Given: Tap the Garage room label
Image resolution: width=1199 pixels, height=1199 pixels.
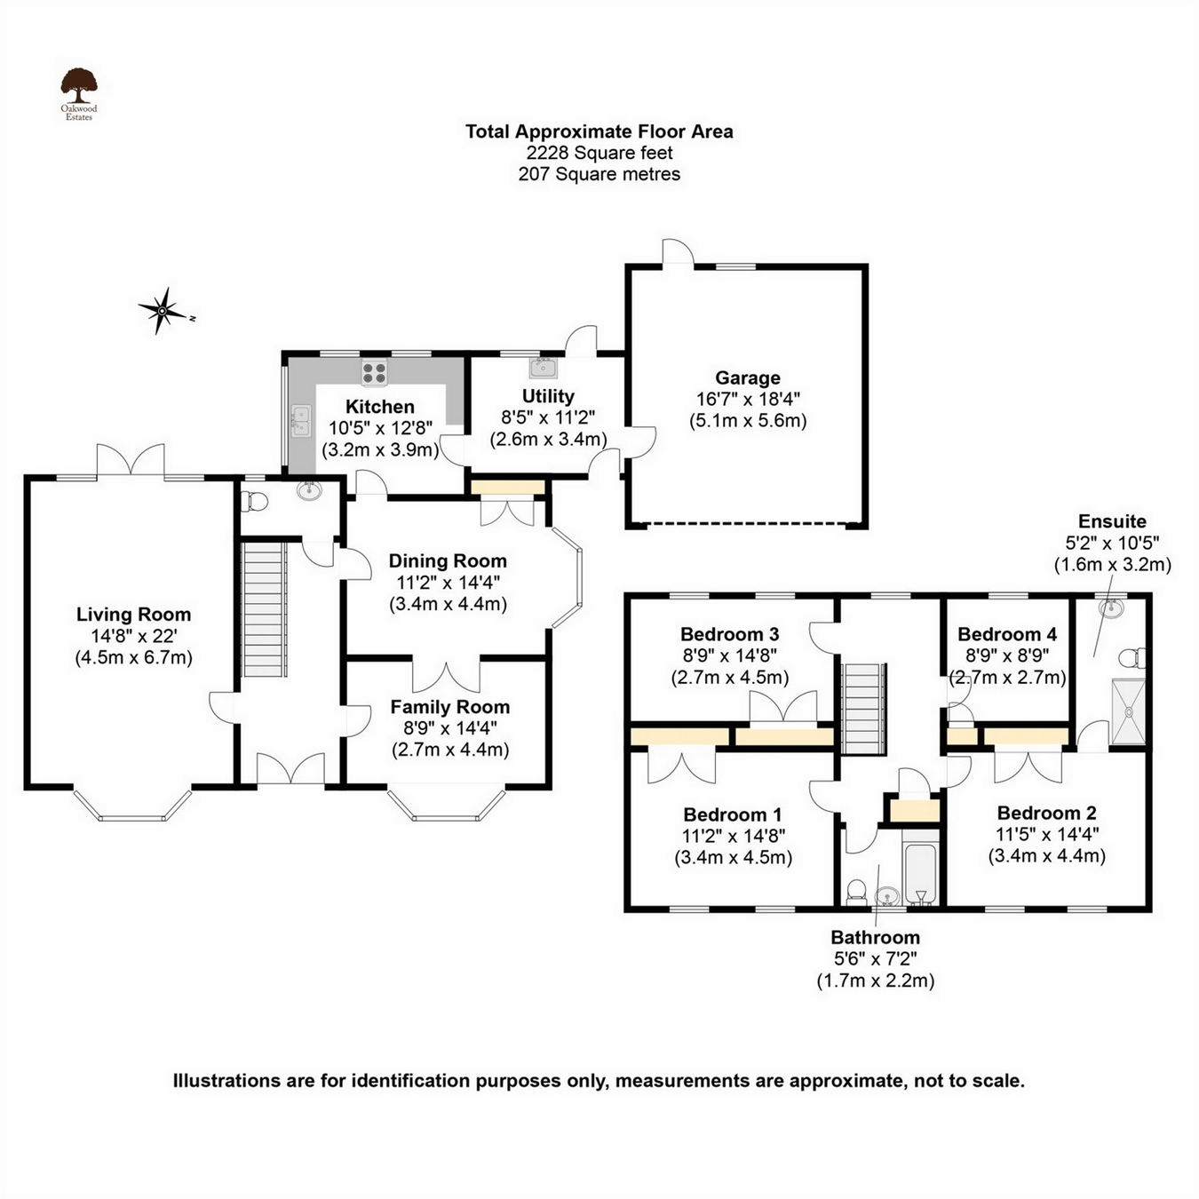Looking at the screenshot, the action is point(748,378).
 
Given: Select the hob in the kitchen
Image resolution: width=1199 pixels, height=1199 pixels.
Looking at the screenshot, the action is point(374,371).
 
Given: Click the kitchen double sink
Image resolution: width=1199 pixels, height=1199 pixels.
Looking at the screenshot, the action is point(301,421).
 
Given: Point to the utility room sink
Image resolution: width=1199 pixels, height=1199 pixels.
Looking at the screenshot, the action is point(543,368).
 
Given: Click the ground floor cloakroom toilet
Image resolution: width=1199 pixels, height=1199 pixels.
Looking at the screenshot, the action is point(256,502).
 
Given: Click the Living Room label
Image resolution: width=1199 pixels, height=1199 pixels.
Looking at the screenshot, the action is point(133,615).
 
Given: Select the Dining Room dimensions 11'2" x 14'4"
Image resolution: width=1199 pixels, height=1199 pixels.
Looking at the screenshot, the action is point(448,583).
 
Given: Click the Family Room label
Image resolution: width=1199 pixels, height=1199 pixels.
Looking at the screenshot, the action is point(449,707).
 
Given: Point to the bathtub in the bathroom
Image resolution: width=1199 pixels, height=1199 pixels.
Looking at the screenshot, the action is point(920,873).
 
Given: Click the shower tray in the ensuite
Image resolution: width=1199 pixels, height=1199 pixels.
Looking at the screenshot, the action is point(1128,711).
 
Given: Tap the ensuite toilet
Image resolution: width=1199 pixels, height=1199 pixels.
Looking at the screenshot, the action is point(1132,658).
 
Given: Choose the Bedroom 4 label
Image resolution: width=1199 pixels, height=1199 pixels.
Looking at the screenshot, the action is point(1006,634).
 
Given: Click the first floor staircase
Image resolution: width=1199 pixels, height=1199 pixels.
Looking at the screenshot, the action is point(863,708).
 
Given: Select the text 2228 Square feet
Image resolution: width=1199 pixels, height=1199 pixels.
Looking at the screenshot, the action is point(599,153).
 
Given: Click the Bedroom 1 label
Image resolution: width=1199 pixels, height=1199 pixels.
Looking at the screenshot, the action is point(732,814).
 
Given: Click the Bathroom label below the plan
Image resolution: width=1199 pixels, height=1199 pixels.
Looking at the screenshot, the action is point(875,937).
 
